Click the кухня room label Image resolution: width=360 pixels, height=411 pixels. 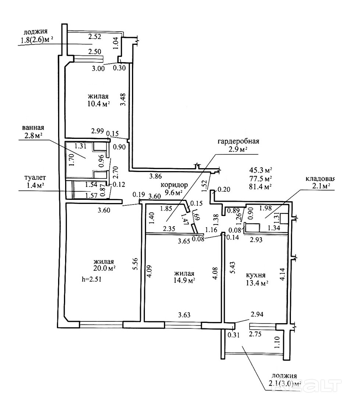point(256,275)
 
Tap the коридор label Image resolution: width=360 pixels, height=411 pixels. point(174,185)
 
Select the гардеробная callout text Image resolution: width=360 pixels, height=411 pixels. point(238,141)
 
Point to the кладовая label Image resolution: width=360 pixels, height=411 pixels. point(320,179)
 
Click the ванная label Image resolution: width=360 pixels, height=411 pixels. point(33,128)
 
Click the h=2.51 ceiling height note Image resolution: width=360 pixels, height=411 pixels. point(92,279)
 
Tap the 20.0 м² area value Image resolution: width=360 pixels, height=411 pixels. point(104,268)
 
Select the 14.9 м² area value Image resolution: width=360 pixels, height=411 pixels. point(183,281)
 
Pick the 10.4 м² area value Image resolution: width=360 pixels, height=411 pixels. point(99,104)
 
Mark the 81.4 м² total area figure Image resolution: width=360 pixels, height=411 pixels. point(261,187)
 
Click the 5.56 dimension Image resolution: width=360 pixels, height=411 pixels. point(135,266)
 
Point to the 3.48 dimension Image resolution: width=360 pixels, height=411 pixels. point(123,100)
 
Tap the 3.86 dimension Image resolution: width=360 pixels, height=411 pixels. point(156,176)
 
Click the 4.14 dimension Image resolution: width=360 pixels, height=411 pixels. point(282,274)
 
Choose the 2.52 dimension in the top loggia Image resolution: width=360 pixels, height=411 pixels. point(95,36)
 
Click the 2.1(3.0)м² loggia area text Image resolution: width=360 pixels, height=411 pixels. point(284,384)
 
